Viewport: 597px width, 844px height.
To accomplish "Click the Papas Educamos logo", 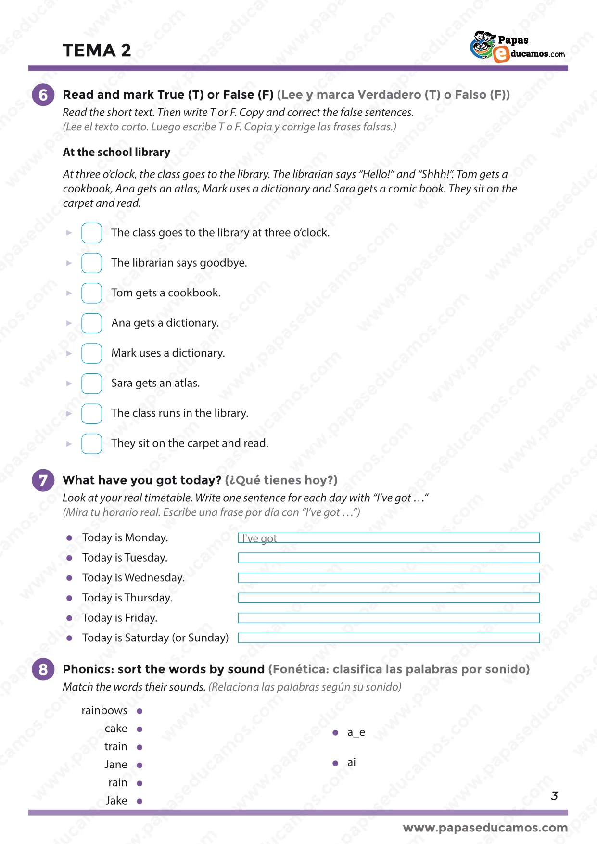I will (x=517, y=47).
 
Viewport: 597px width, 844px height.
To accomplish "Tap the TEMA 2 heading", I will (x=97, y=51).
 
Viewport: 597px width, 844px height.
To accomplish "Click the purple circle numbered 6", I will (x=43, y=95).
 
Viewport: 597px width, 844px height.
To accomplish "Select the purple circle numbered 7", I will (x=43, y=480).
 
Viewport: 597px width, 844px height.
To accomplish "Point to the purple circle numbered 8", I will (x=43, y=669).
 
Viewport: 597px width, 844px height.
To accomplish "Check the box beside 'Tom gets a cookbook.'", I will (x=91, y=293).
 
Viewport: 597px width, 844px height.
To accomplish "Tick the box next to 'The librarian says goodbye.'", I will (x=91, y=263).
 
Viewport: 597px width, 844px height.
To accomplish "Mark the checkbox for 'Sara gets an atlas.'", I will (x=91, y=384).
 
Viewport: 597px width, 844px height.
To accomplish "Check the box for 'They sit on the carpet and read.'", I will (x=91, y=444).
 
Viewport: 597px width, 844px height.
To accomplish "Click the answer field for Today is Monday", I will (x=389, y=538).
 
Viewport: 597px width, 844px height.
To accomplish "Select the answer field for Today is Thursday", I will (x=389, y=598).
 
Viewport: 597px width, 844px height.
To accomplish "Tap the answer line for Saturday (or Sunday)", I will (x=389, y=638).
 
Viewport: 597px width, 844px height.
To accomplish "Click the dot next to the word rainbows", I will (x=140, y=711).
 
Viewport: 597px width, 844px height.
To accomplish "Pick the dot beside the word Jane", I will (x=140, y=765).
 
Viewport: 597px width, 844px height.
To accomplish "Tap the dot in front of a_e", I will (x=335, y=733).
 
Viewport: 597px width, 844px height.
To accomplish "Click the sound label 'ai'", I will (x=352, y=763).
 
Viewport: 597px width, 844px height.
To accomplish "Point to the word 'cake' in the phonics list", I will (x=116, y=729).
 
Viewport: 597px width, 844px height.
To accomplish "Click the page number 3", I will (x=554, y=796).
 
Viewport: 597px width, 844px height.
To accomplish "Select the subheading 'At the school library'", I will (x=116, y=152).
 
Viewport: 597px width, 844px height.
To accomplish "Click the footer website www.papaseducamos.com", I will (x=485, y=828).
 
